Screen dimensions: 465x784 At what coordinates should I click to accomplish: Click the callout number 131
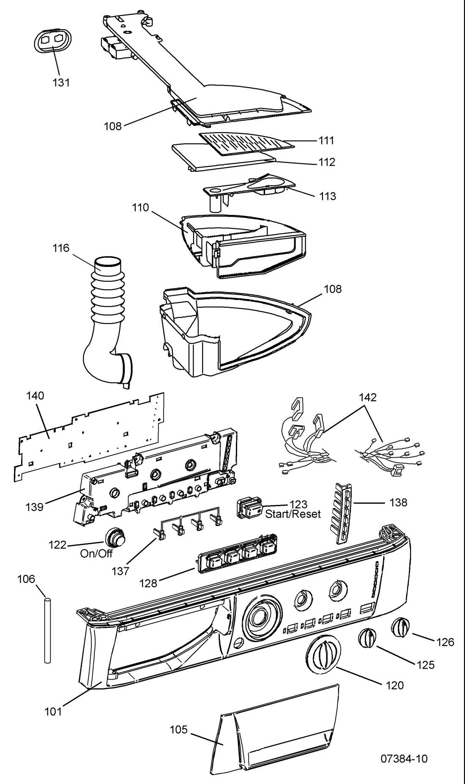point(62,83)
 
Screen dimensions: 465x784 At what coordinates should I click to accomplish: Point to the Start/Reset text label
point(293,514)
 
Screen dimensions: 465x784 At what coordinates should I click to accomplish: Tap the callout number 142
point(368,397)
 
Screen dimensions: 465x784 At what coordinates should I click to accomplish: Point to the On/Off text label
point(96,554)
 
